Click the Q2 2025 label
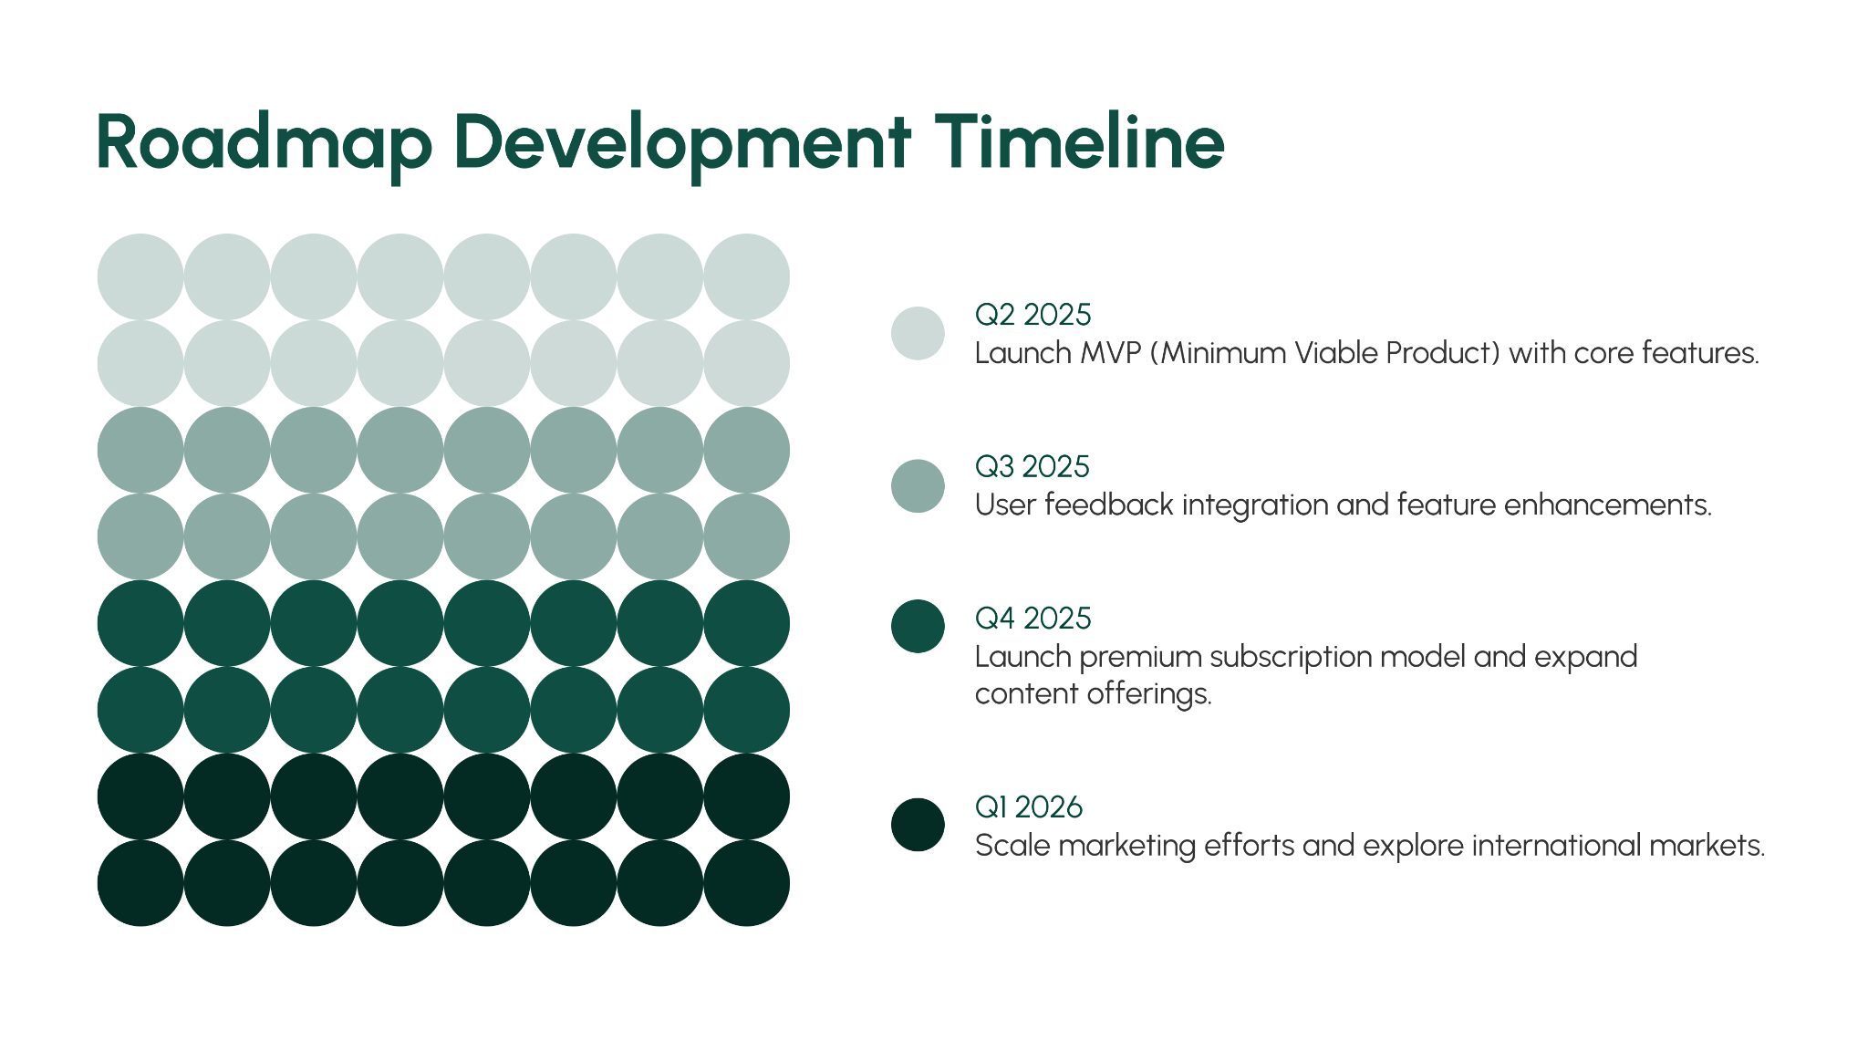[x=1033, y=315]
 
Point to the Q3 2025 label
[x=1032, y=467]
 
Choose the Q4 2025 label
[x=1033, y=619]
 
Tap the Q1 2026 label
[x=1028, y=807]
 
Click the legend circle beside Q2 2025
[x=918, y=333]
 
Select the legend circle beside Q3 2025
[x=918, y=485]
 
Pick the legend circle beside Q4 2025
[x=918, y=626]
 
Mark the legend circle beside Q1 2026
[x=918, y=825]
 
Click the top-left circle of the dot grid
[x=140, y=276]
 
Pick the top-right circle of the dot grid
[x=747, y=276]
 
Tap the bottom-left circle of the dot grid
[x=140, y=883]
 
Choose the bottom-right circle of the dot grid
[x=747, y=883]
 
